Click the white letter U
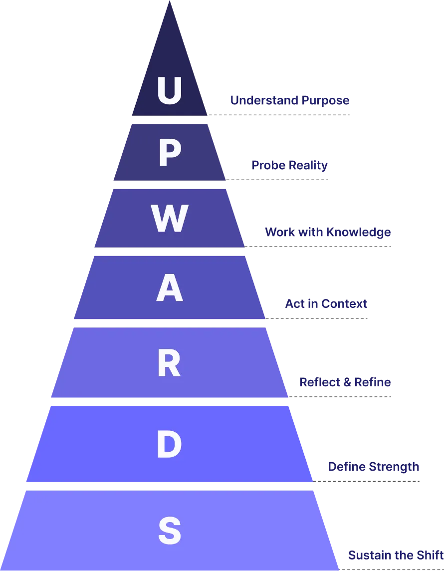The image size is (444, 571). pyautogui.click(x=169, y=90)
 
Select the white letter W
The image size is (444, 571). pyautogui.click(x=169, y=219)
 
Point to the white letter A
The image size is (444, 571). pyautogui.click(x=169, y=290)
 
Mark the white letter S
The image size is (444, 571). pyautogui.click(x=169, y=531)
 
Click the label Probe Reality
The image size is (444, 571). pyautogui.click(x=290, y=166)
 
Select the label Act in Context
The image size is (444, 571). pyautogui.click(x=326, y=304)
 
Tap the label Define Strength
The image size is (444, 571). pyautogui.click(x=373, y=467)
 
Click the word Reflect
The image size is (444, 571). pyautogui.click(x=316, y=382)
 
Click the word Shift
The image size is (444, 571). pyautogui.click(x=432, y=556)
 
